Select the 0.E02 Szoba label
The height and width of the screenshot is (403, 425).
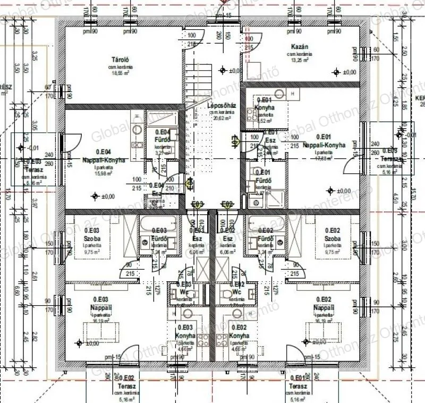(x=332, y=234)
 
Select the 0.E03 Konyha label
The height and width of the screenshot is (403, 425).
(x=186, y=332)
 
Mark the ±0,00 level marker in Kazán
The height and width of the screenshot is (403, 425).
(x=343, y=72)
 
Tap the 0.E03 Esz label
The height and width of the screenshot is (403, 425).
(x=197, y=234)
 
